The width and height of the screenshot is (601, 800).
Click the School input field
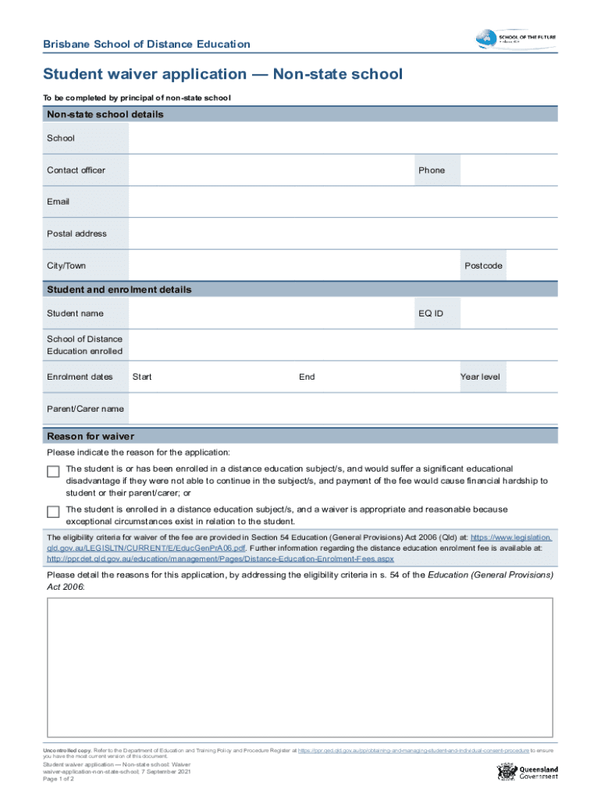click(x=343, y=138)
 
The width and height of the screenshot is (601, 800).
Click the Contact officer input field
click(x=269, y=170)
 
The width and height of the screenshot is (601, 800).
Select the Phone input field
click(x=509, y=170)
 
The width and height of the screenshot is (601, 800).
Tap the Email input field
click(x=343, y=202)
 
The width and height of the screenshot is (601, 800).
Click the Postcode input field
click(x=532, y=266)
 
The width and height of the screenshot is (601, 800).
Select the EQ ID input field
click(x=509, y=313)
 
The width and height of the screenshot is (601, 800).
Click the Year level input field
click(x=532, y=377)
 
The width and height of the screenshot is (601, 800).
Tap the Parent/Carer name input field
click(x=343, y=409)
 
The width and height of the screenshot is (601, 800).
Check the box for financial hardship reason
click(x=53, y=471)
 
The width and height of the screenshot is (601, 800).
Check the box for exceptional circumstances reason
click(x=53, y=512)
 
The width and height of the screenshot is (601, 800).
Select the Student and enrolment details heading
click(x=119, y=290)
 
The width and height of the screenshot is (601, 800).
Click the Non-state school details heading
click(x=105, y=114)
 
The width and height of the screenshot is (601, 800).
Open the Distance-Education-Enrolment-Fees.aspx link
click(x=220, y=559)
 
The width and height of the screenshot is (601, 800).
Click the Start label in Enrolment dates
click(x=142, y=377)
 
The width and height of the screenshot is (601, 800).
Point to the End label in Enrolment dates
click(x=307, y=377)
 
